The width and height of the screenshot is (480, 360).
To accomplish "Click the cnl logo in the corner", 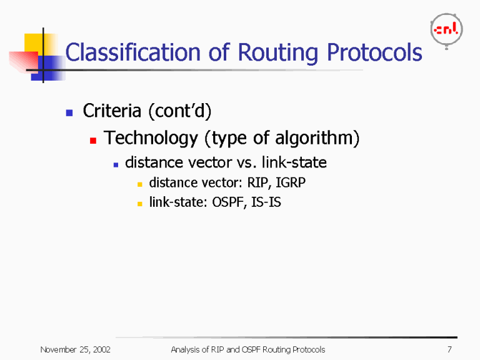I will pos(446,30).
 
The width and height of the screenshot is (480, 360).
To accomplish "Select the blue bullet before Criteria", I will pos(70,113).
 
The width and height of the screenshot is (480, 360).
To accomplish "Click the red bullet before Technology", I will pos(92,141).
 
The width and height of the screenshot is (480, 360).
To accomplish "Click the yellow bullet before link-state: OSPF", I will pos(141,204).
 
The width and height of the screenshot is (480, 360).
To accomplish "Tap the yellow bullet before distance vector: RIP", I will pos(141,185).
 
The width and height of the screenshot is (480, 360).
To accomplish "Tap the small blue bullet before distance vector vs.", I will pos(116,164).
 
